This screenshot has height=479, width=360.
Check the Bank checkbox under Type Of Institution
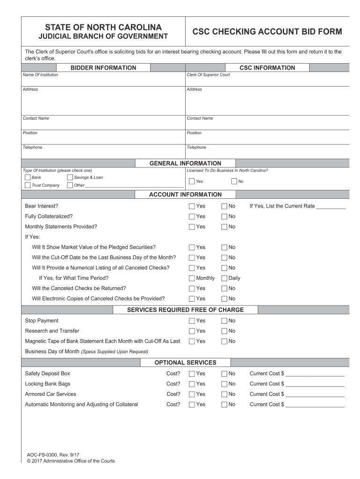27,178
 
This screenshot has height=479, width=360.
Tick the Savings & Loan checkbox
70,178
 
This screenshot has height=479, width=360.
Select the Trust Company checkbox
27,185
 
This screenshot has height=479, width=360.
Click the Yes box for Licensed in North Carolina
192,181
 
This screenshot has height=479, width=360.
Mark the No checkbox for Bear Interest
224,206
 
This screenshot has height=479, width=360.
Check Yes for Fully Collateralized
192,217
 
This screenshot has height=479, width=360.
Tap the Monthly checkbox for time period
192,278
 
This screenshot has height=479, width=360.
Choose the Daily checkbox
224,278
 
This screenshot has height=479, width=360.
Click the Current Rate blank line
331,207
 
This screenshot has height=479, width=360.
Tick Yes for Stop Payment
192,321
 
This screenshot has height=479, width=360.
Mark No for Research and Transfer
224,331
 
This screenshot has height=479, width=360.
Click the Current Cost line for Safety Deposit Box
315,375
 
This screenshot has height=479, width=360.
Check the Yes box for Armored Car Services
192,394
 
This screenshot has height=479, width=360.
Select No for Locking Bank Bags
224,384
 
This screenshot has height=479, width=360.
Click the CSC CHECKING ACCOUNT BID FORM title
267,32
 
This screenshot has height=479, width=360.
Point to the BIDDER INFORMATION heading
103,68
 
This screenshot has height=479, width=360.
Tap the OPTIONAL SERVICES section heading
186,363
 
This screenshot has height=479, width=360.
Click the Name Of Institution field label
40,75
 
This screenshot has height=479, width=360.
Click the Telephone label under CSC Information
196,147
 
